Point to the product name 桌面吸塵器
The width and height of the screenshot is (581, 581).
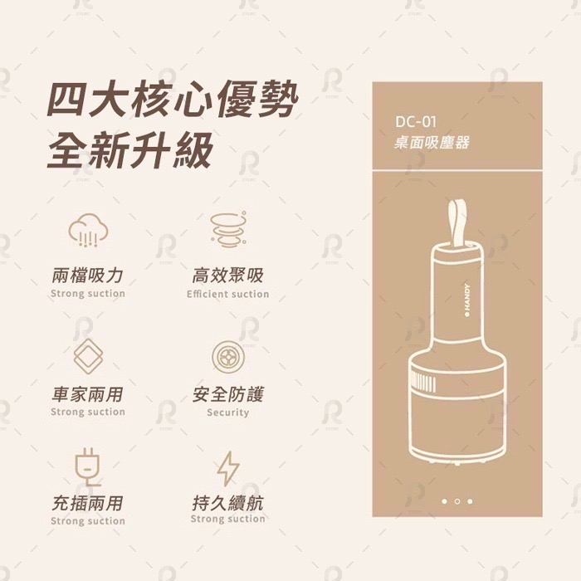click(431, 143)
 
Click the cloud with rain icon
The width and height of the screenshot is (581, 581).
click(87, 230)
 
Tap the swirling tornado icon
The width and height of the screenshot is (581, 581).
click(227, 230)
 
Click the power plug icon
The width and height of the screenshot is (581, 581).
click(87, 466)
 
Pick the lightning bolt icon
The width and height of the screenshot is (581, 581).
click(227, 467)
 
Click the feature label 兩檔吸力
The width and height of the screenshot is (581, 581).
click(87, 276)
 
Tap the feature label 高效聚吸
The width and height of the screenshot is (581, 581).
click(227, 276)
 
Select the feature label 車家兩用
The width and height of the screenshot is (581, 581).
click(87, 393)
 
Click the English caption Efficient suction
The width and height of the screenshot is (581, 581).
click(227, 294)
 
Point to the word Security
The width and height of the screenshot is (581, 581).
click(227, 413)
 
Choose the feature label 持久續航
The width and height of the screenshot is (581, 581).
click(227, 503)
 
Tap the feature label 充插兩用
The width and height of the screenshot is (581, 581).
click(87, 503)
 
